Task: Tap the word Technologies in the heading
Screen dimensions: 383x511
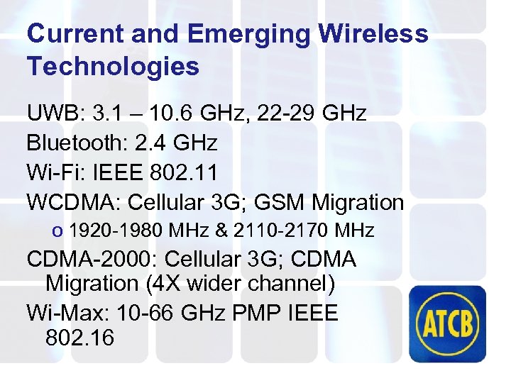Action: pyautogui.click(x=113, y=67)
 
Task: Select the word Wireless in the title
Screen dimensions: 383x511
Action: pyautogui.click(x=374, y=33)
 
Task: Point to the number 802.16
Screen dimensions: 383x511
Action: pyautogui.click(x=79, y=337)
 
